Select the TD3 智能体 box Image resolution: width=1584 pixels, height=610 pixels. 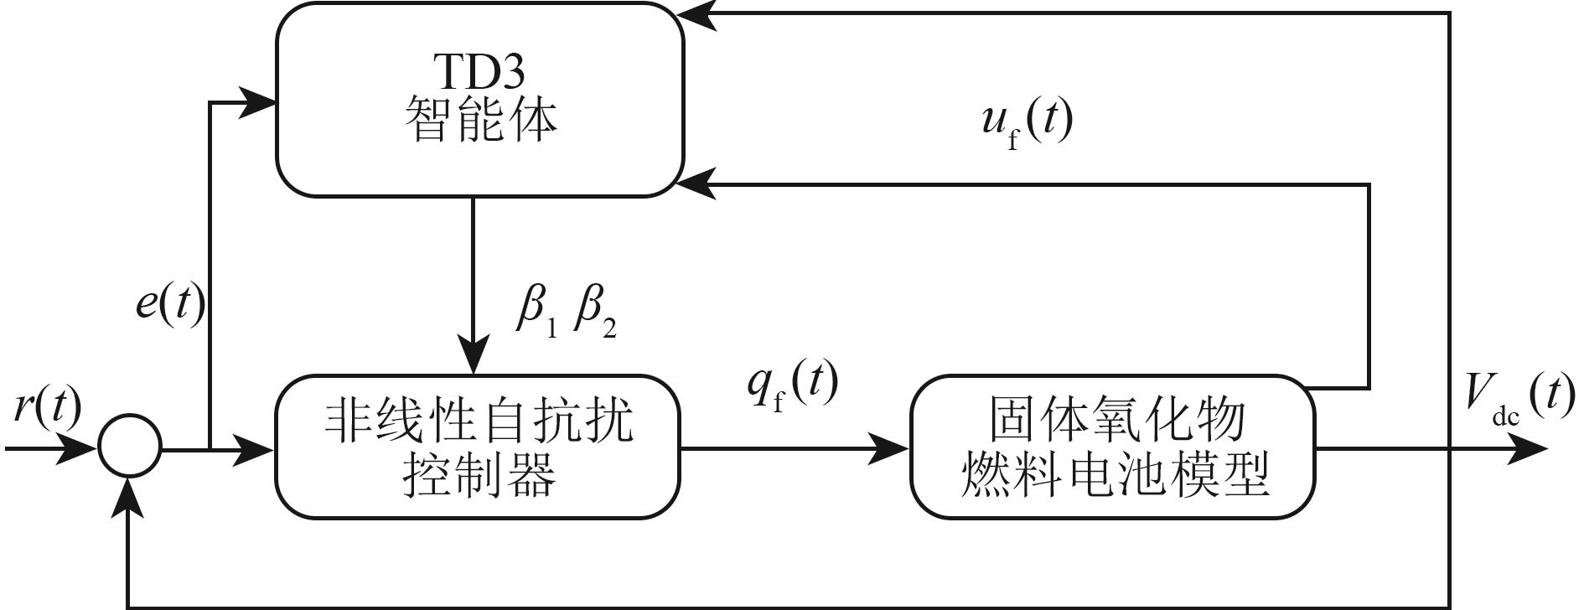click(479, 101)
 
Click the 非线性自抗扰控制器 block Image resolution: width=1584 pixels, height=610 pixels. click(478, 447)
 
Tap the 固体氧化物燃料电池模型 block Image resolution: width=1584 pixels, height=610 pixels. click(1113, 447)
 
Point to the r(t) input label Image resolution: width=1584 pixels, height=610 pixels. click(48, 408)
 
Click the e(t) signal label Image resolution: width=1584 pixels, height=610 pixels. click(170, 306)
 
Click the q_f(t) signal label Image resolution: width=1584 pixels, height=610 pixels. click(793, 385)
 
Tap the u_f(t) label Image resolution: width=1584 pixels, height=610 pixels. click(1027, 123)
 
